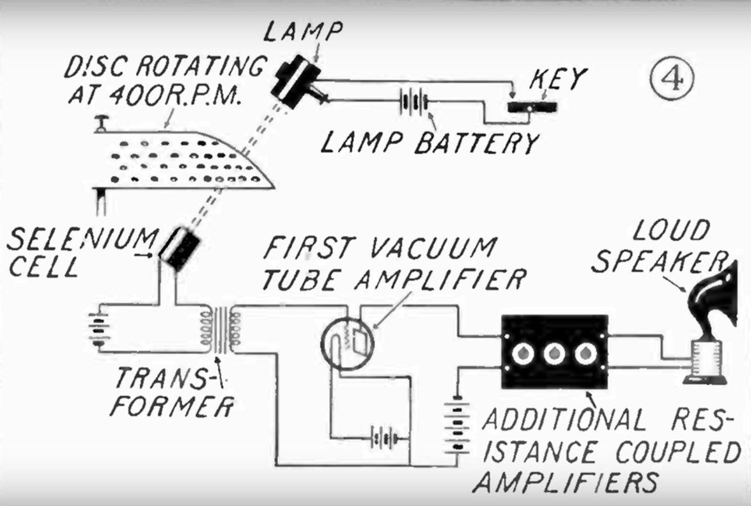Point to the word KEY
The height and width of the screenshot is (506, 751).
click(x=557, y=79)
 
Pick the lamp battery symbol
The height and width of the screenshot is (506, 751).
click(x=414, y=102)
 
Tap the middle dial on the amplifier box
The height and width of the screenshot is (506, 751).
click(x=553, y=353)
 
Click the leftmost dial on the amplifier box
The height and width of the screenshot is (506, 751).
click(x=523, y=353)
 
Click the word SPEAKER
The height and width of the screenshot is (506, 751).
click(x=658, y=262)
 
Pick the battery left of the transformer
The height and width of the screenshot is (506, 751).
click(x=97, y=329)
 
